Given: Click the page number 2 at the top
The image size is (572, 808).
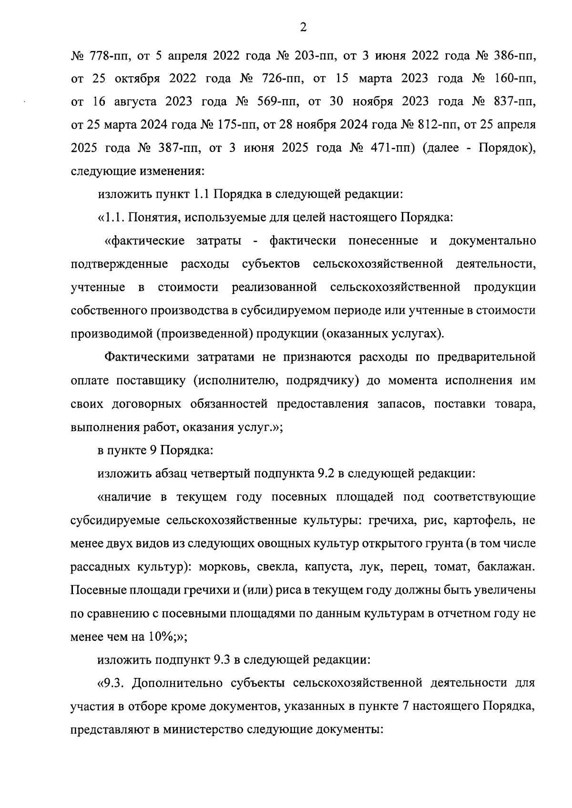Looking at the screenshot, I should [303, 28].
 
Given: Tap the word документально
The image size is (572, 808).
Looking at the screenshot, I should [492, 241].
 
